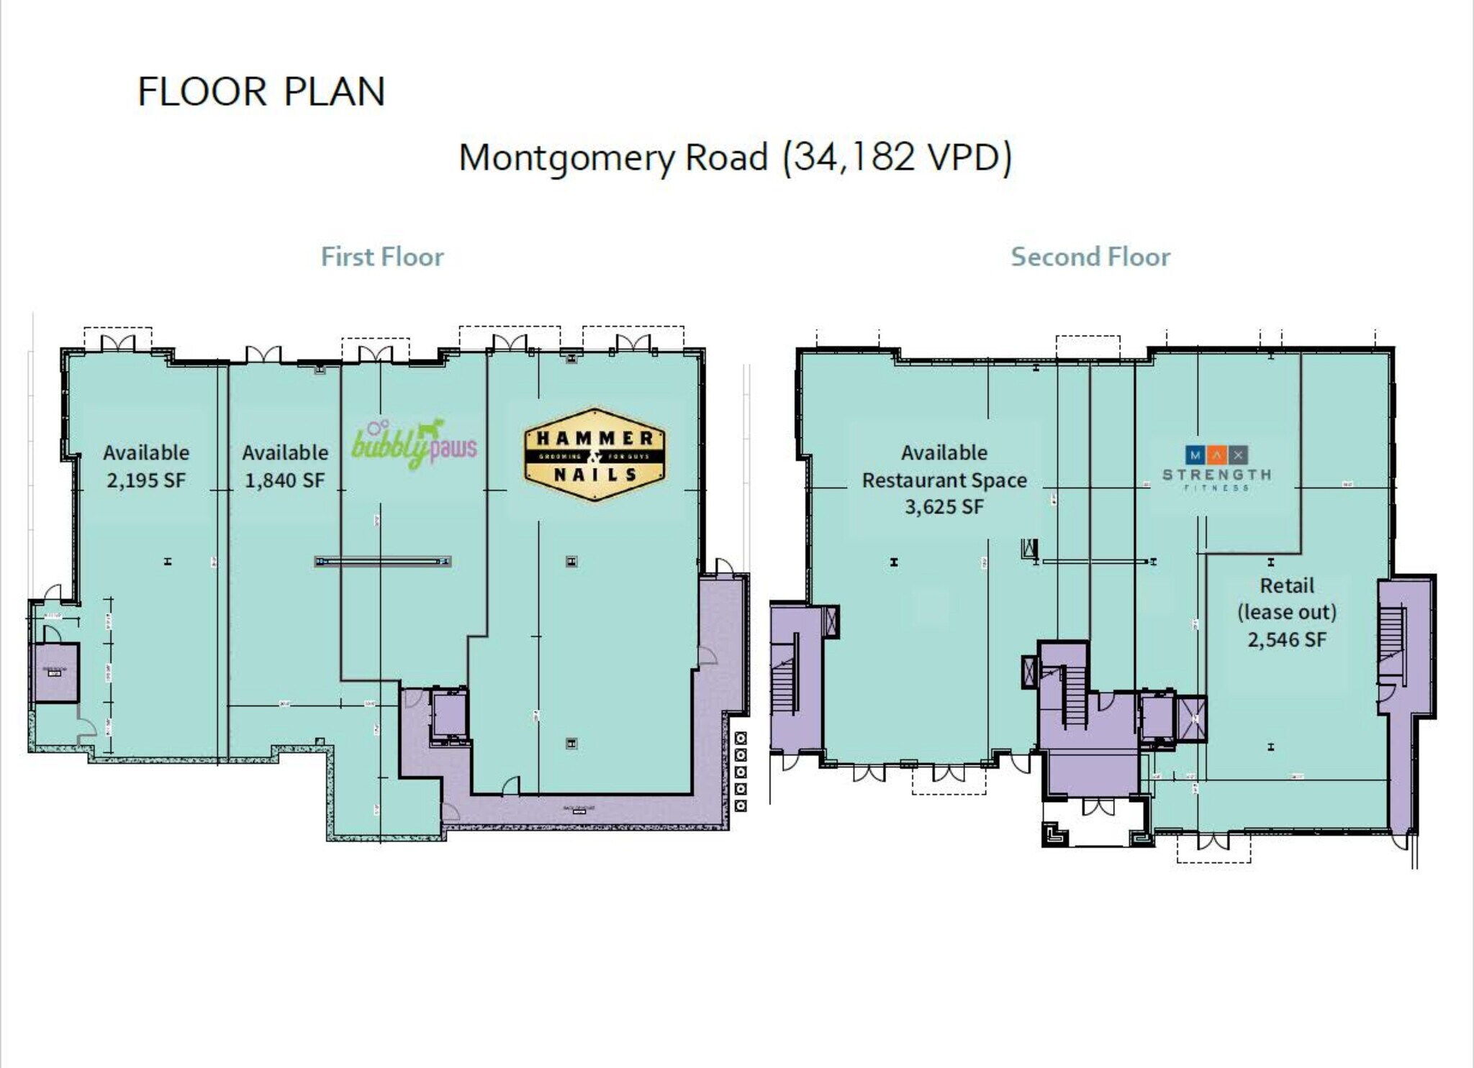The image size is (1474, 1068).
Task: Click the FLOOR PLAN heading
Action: pyautogui.click(x=261, y=92)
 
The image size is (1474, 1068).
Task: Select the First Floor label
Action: pyautogui.click(x=382, y=257)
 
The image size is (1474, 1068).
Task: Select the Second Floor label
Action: pyautogui.click(x=1090, y=257)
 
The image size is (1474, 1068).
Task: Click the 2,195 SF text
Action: pyautogui.click(x=146, y=480)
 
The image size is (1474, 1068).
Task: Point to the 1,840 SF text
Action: pyautogui.click(x=285, y=480)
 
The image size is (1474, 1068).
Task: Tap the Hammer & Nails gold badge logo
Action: pyautogui.click(x=594, y=455)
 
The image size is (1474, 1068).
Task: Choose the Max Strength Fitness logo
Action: pyautogui.click(x=1216, y=467)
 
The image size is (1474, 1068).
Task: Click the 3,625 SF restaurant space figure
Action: pyautogui.click(x=944, y=507)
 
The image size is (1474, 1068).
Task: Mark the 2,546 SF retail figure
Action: pyautogui.click(x=1287, y=639)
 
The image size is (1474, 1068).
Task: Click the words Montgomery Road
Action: pyautogui.click(x=613, y=157)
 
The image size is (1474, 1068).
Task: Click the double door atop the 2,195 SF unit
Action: pyautogui.click(x=117, y=344)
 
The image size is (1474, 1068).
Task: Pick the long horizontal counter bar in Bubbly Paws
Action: pyautogui.click(x=382, y=562)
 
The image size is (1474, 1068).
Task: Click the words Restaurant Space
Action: pyautogui.click(x=944, y=480)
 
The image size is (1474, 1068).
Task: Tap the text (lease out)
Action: pyautogui.click(x=1287, y=612)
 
